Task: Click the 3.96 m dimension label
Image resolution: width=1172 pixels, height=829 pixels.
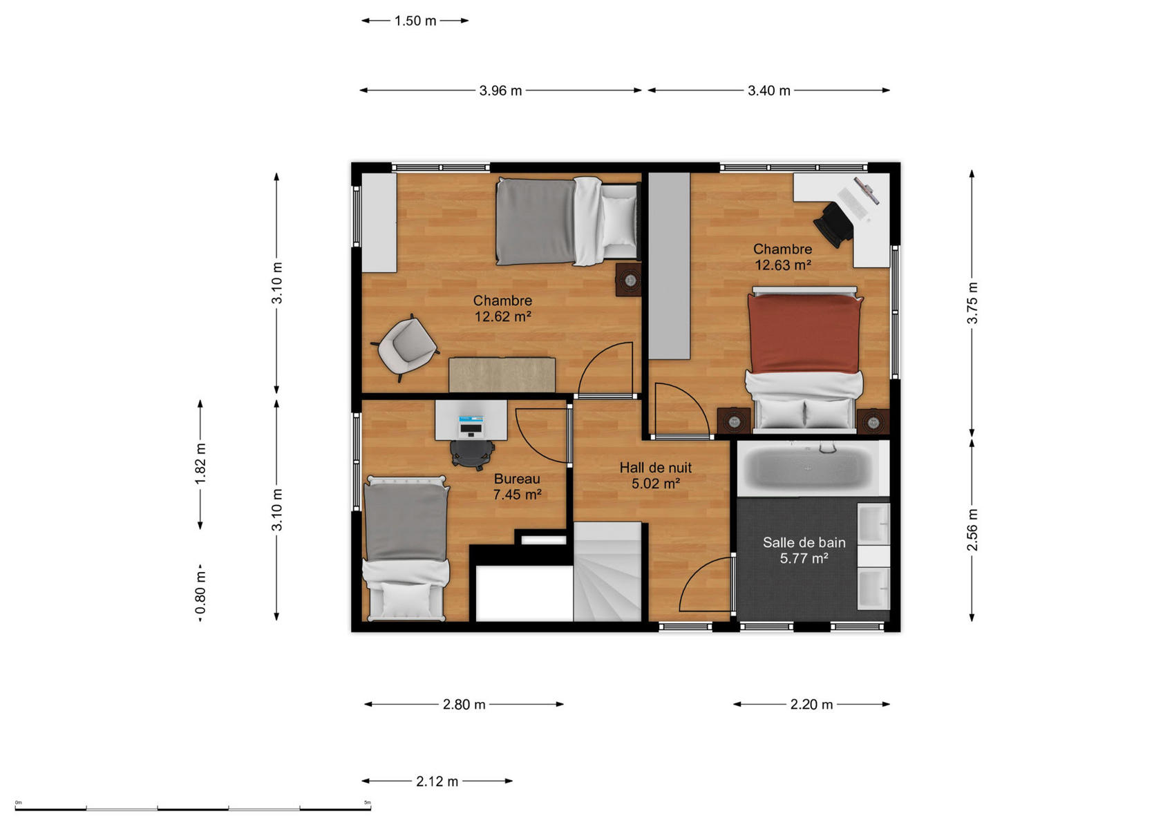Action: [500, 90]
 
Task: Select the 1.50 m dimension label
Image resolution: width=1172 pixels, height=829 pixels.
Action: [415, 21]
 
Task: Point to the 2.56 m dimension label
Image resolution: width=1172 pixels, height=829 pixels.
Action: [972, 529]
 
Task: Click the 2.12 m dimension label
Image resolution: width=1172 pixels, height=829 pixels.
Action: [437, 781]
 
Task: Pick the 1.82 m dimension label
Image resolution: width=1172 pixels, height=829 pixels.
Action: [200, 464]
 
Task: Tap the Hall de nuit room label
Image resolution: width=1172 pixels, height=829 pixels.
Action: [656, 468]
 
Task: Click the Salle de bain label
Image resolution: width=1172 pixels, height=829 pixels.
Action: [804, 542]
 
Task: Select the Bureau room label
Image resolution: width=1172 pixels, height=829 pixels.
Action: [517, 479]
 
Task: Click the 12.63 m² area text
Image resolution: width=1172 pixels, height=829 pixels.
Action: [783, 265]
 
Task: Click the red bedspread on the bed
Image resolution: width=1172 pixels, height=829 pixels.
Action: [804, 334]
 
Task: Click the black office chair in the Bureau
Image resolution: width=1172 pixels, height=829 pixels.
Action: [472, 453]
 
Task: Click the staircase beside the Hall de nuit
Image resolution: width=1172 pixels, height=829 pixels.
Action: [607, 571]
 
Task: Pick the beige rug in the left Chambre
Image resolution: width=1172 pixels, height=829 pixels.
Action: [502, 374]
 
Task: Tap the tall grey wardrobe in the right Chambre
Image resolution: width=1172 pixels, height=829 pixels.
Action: [669, 266]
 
